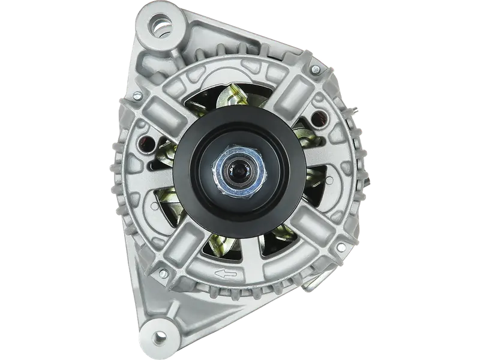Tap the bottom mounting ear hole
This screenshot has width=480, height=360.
158,337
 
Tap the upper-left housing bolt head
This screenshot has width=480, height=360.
137,95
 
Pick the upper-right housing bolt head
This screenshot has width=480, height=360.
314,71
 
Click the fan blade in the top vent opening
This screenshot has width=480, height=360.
231,96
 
